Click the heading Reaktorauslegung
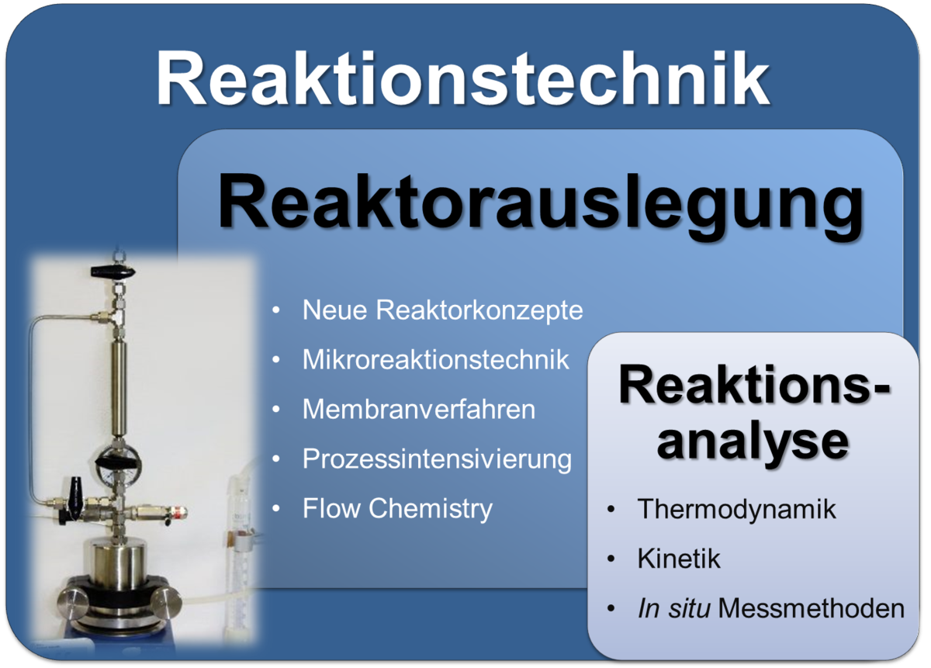[540, 206]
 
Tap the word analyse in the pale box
[753, 443]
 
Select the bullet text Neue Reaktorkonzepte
[443, 310]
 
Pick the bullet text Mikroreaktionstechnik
[435, 359]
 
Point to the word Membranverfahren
[419, 409]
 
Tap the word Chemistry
[431, 509]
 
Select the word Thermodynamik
[736, 509]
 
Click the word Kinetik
[679, 559]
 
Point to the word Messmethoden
[812, 608]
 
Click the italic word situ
[689, 608]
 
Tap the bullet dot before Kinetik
[611, 559]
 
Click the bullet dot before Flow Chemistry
[276, 509]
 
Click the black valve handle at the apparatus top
[113, 272]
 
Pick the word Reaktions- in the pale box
[754, 385]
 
